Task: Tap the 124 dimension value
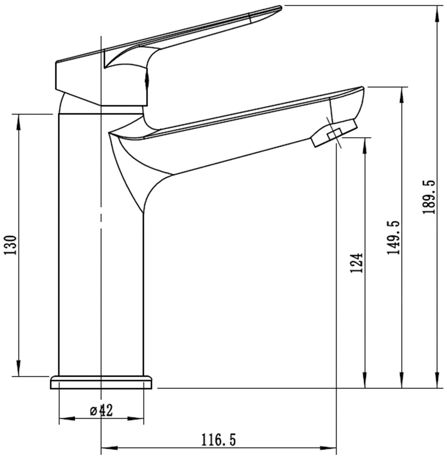click(x=357, y=263)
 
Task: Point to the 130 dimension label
click(x=11, y=245)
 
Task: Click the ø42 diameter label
click(x=101, y=410)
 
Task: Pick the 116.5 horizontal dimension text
click(x=219, y=440)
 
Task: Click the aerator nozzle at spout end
click(x=334, y=133)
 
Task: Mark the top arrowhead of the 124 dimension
click(x=364, y=145)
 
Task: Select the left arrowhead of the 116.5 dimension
click(x=109, y=447)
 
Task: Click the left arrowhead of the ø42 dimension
click(x=66, y=418)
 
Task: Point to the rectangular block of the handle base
click(x=80, y=82)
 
